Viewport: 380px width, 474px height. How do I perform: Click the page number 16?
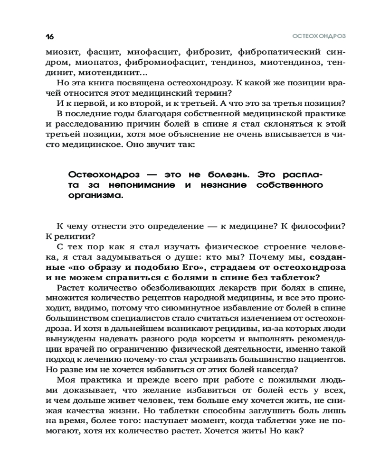(50, 36)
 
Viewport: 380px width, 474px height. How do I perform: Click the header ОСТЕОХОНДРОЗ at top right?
(318, 36)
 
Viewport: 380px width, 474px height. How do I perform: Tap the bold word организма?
(95, 195)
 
